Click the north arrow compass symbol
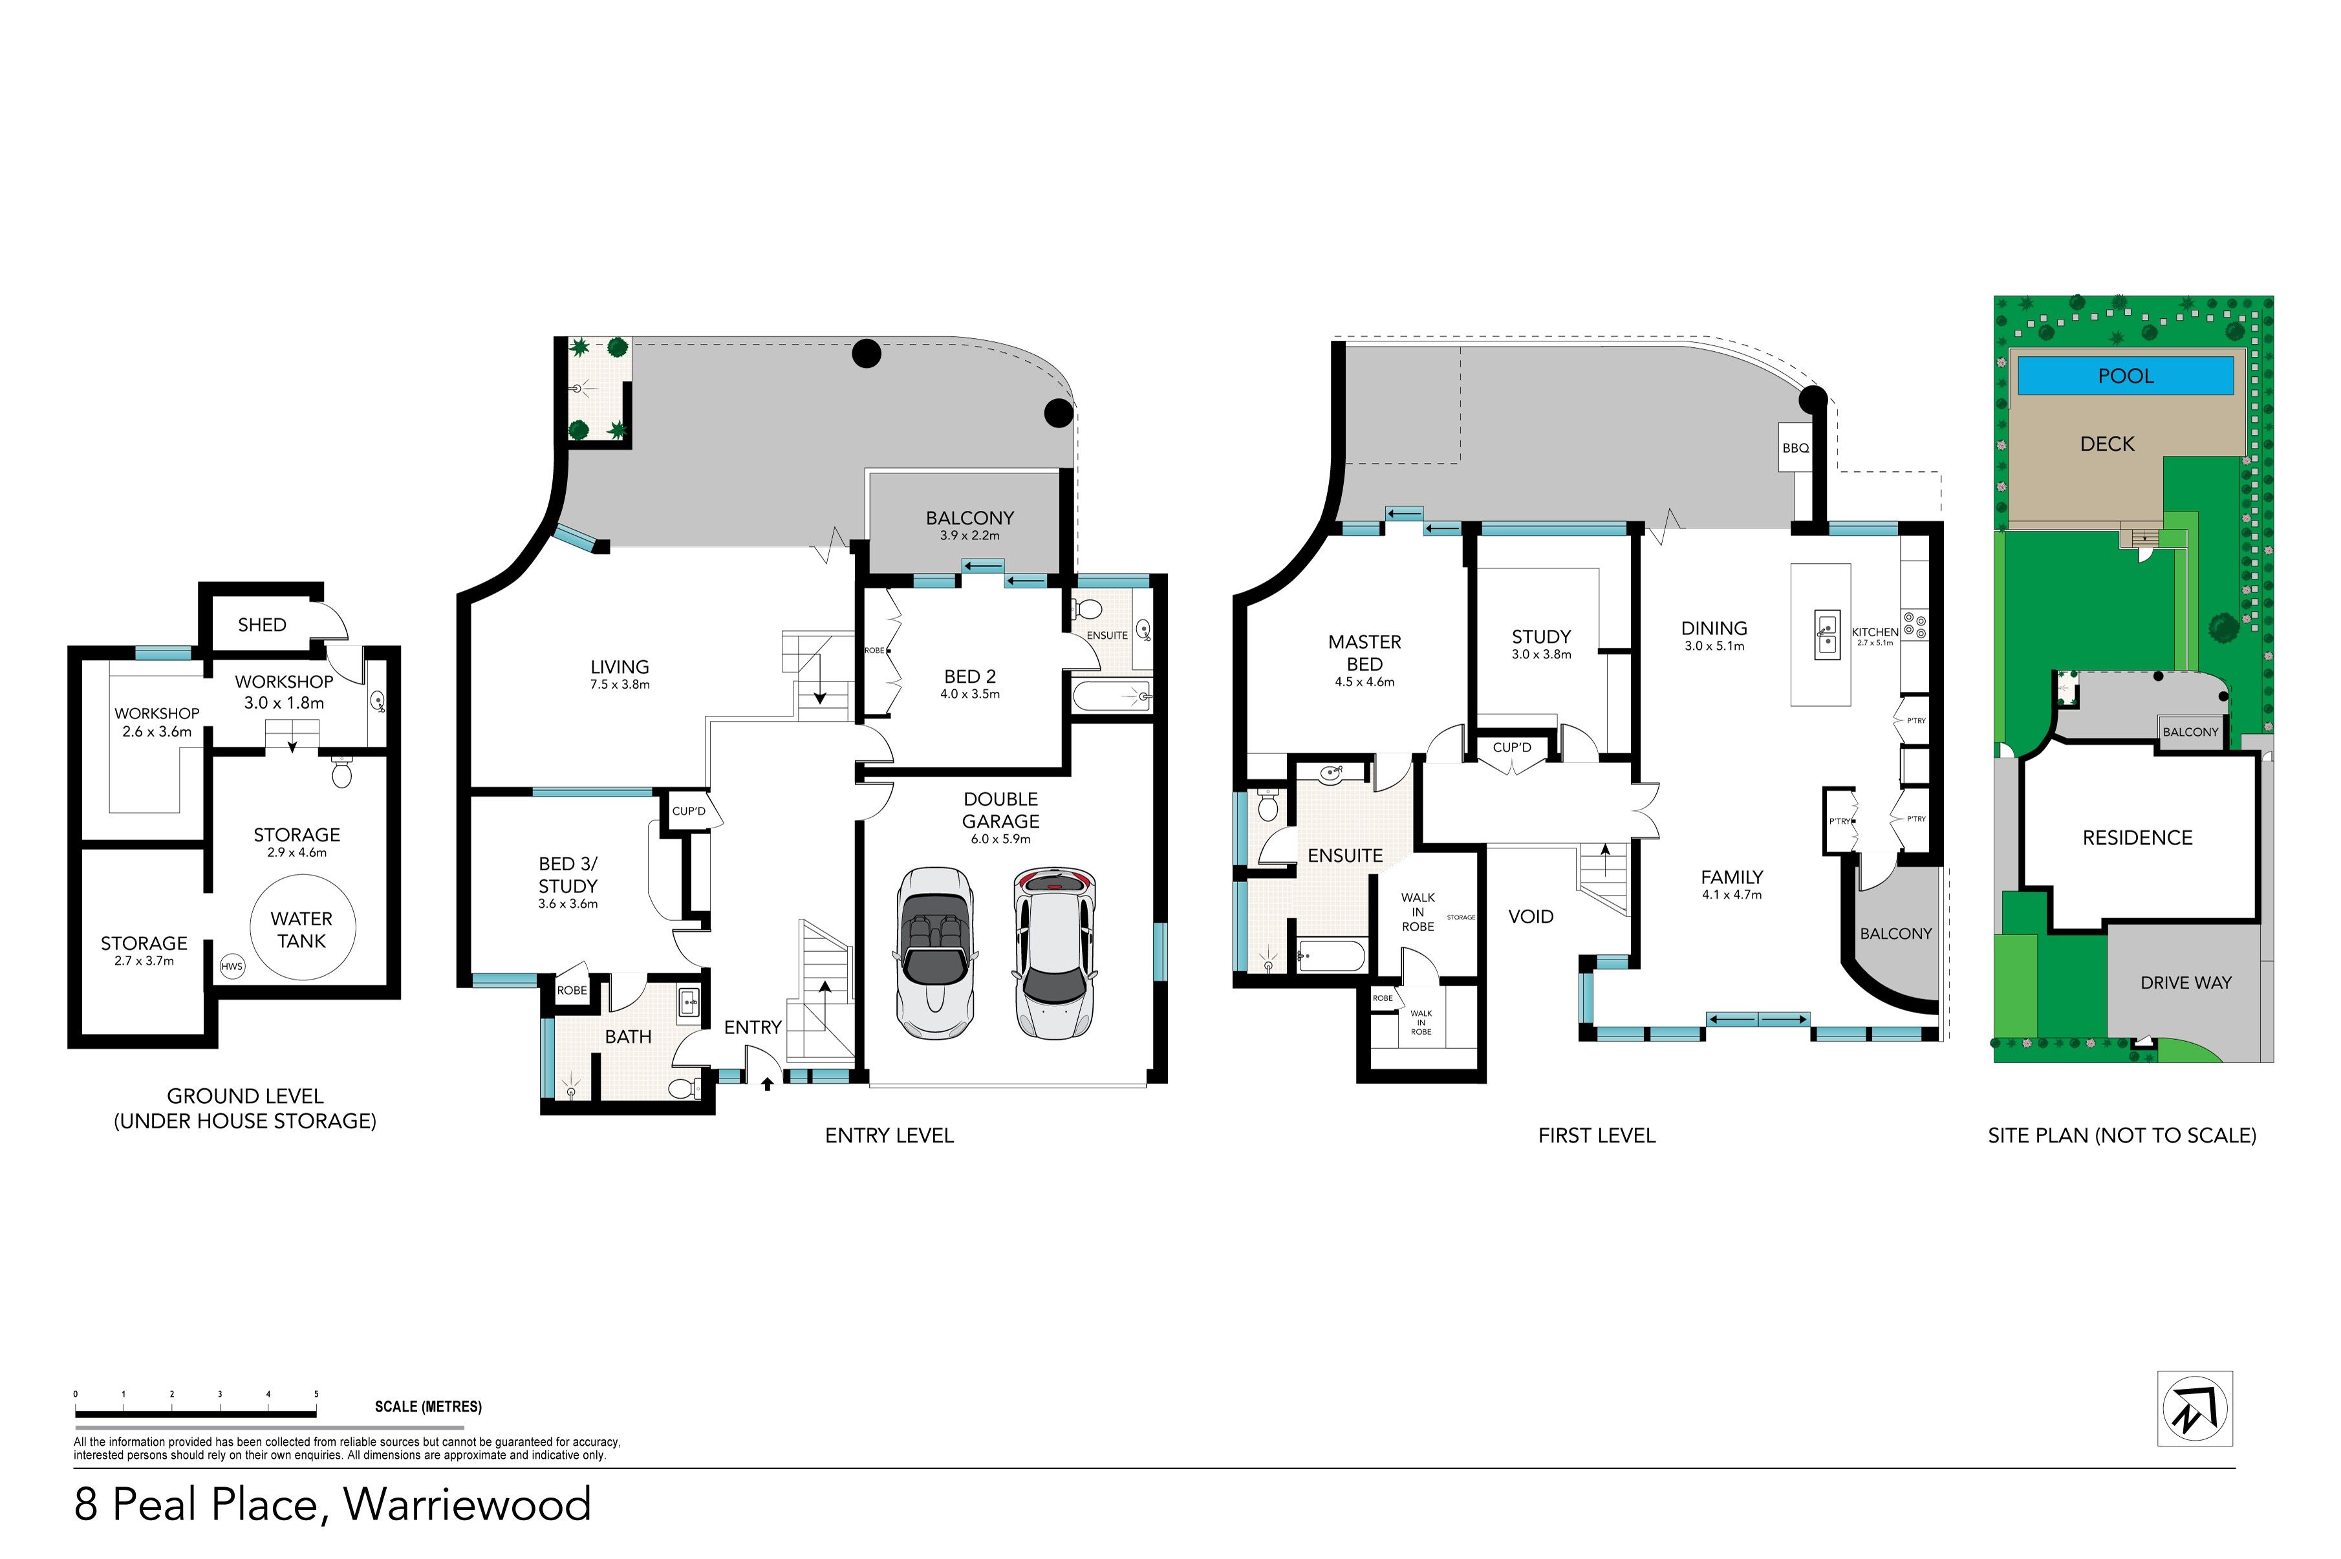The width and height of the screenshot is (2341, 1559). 2195,1408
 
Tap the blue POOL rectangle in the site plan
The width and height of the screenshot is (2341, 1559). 2125,376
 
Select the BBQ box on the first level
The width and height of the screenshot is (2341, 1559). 1795,447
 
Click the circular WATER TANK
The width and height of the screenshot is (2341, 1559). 301,927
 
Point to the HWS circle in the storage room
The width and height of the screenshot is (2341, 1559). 232,965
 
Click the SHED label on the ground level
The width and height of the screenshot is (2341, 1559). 261,625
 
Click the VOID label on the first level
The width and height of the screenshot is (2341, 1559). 1530,916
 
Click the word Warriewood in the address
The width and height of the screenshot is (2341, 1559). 467,1503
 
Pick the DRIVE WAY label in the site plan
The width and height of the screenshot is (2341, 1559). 2186,982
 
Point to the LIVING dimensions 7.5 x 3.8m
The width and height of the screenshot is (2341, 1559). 620,684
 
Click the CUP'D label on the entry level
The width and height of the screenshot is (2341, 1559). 689,810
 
